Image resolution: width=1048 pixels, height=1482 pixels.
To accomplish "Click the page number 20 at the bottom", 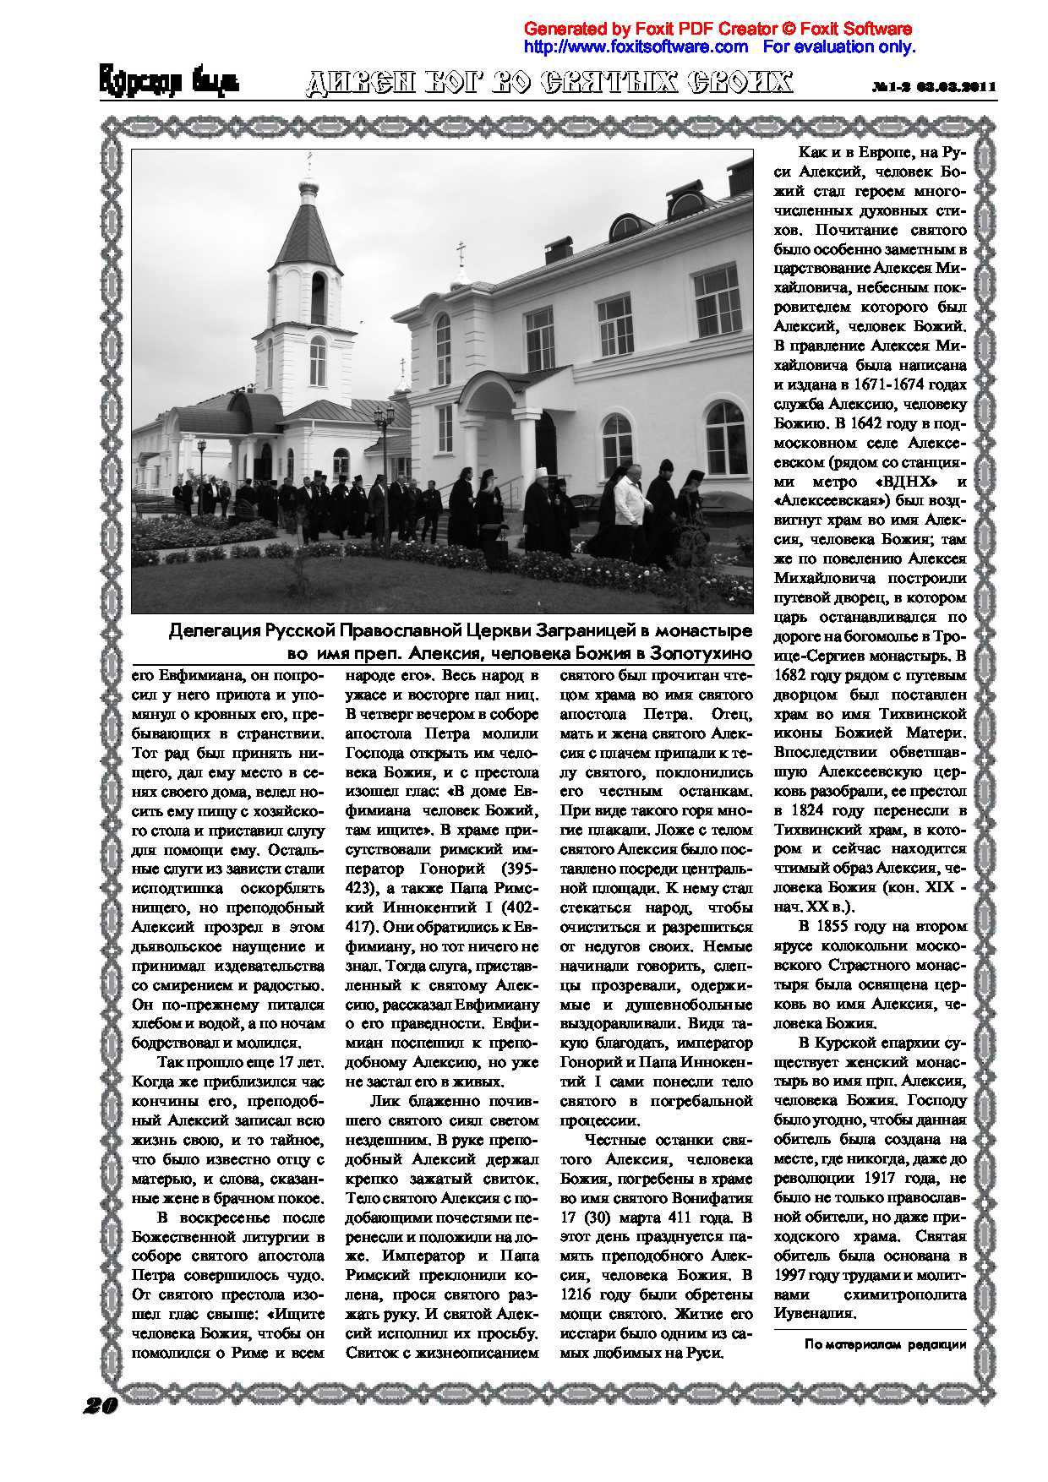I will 100,1406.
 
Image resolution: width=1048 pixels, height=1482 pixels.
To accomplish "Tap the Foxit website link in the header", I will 636,46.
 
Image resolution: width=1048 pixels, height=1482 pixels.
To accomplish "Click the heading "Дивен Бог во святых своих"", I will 549,83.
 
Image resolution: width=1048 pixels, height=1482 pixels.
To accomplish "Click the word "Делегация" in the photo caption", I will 214,631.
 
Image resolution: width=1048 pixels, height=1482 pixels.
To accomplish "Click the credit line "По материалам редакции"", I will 885,1345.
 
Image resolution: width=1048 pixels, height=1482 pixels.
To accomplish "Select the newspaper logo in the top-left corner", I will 169,83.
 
